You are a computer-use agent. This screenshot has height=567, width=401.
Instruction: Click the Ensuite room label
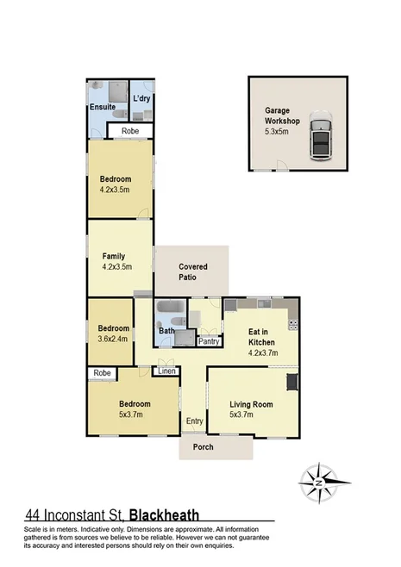(x=103, y=108)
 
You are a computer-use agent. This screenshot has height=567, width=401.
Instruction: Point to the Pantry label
(x=209, y=341)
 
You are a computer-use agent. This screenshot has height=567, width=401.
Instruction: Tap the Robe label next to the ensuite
(x=130, y=131)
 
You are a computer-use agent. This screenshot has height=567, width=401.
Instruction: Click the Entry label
(x=193, y=421)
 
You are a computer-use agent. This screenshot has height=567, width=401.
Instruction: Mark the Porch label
(x=204, y=446)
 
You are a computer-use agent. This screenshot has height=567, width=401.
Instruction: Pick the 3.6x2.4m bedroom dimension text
(x=112, y=339)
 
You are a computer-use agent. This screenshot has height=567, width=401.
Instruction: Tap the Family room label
(x=115, y=256)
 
